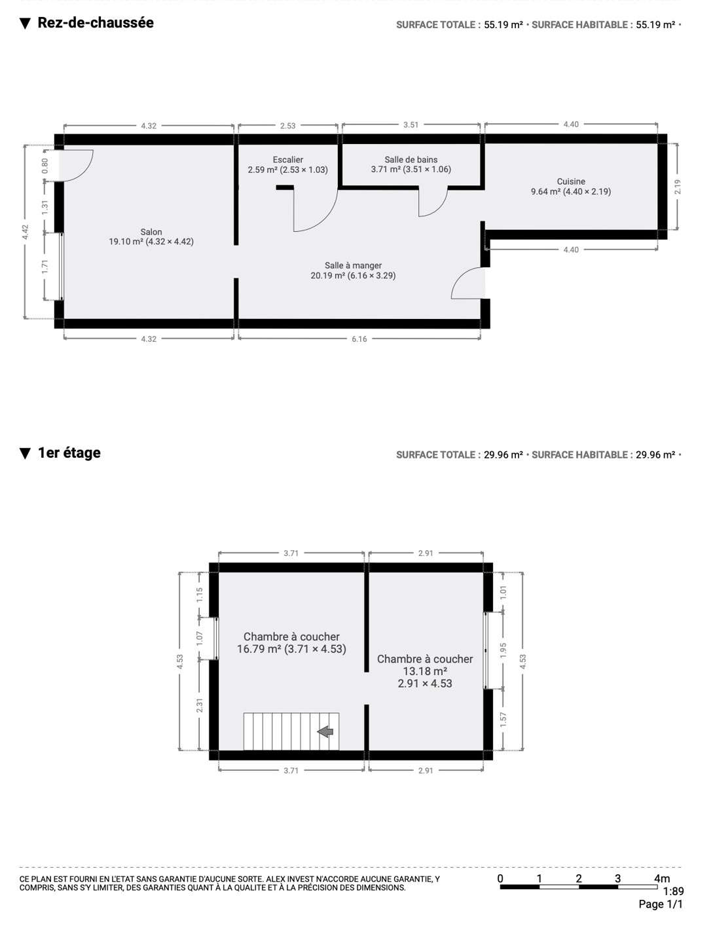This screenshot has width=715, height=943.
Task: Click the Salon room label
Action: [x=151, y=232]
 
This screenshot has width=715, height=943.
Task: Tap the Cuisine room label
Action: [x=571, y=182]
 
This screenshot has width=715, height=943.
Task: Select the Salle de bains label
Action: [x=411, y=160]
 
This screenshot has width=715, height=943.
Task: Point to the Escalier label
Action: [x=287, y=160]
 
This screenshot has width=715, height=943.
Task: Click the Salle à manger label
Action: [x=353, y=265]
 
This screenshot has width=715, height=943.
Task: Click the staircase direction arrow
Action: [x=325, y=731]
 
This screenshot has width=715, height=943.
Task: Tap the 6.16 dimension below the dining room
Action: [x=359, y=339]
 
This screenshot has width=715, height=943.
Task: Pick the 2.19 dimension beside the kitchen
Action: [x=677, y=187]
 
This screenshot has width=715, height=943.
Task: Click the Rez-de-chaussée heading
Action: [x=96, y=22]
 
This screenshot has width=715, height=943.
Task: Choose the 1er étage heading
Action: [x=69, y=453]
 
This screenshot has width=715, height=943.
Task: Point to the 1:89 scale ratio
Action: [x=673, y=891]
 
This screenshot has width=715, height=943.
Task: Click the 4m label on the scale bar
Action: [x=662, y=879]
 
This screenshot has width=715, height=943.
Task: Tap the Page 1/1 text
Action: [x=661, y=904]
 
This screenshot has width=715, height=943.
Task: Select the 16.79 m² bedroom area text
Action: [x=259, y=649]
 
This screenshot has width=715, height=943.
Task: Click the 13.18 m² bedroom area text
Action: [x=425, y=671]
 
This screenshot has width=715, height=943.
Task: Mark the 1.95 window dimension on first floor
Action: [x=504, y=650]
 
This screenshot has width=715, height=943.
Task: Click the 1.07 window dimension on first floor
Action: [x=199, y=638]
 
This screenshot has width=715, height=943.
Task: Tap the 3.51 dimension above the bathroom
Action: [x=411, y=125]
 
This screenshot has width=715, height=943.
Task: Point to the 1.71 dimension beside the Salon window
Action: [x=45, y=267]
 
